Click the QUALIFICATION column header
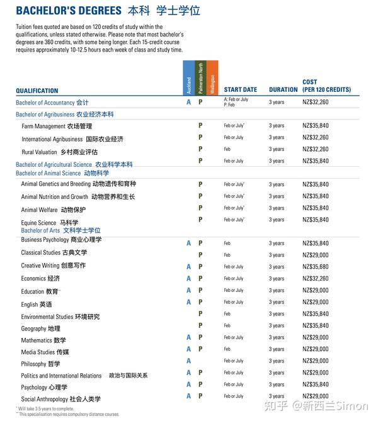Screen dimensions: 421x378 click(37, 91)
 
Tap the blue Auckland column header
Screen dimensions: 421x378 click(188, 79)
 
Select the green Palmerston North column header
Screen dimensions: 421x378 click(200, 79)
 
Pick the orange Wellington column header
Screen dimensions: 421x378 click(212, 79)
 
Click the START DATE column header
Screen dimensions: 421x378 click(240, 90)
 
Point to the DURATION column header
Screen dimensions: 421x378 click(283, 90)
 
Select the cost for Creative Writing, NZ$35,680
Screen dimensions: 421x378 click(315, 267)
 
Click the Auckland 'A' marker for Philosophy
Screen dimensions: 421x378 click(188, 361)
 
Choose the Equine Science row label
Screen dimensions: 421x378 click(50, 223)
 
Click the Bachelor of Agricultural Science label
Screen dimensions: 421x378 click(74, 165)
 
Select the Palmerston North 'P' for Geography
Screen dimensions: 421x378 click(200, 326)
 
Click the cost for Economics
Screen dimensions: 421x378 click(315, 279)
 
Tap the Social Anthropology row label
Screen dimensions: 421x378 click(60, 399)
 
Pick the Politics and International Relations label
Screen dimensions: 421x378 click(84, 376)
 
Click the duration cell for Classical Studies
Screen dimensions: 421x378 click(276, 255)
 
